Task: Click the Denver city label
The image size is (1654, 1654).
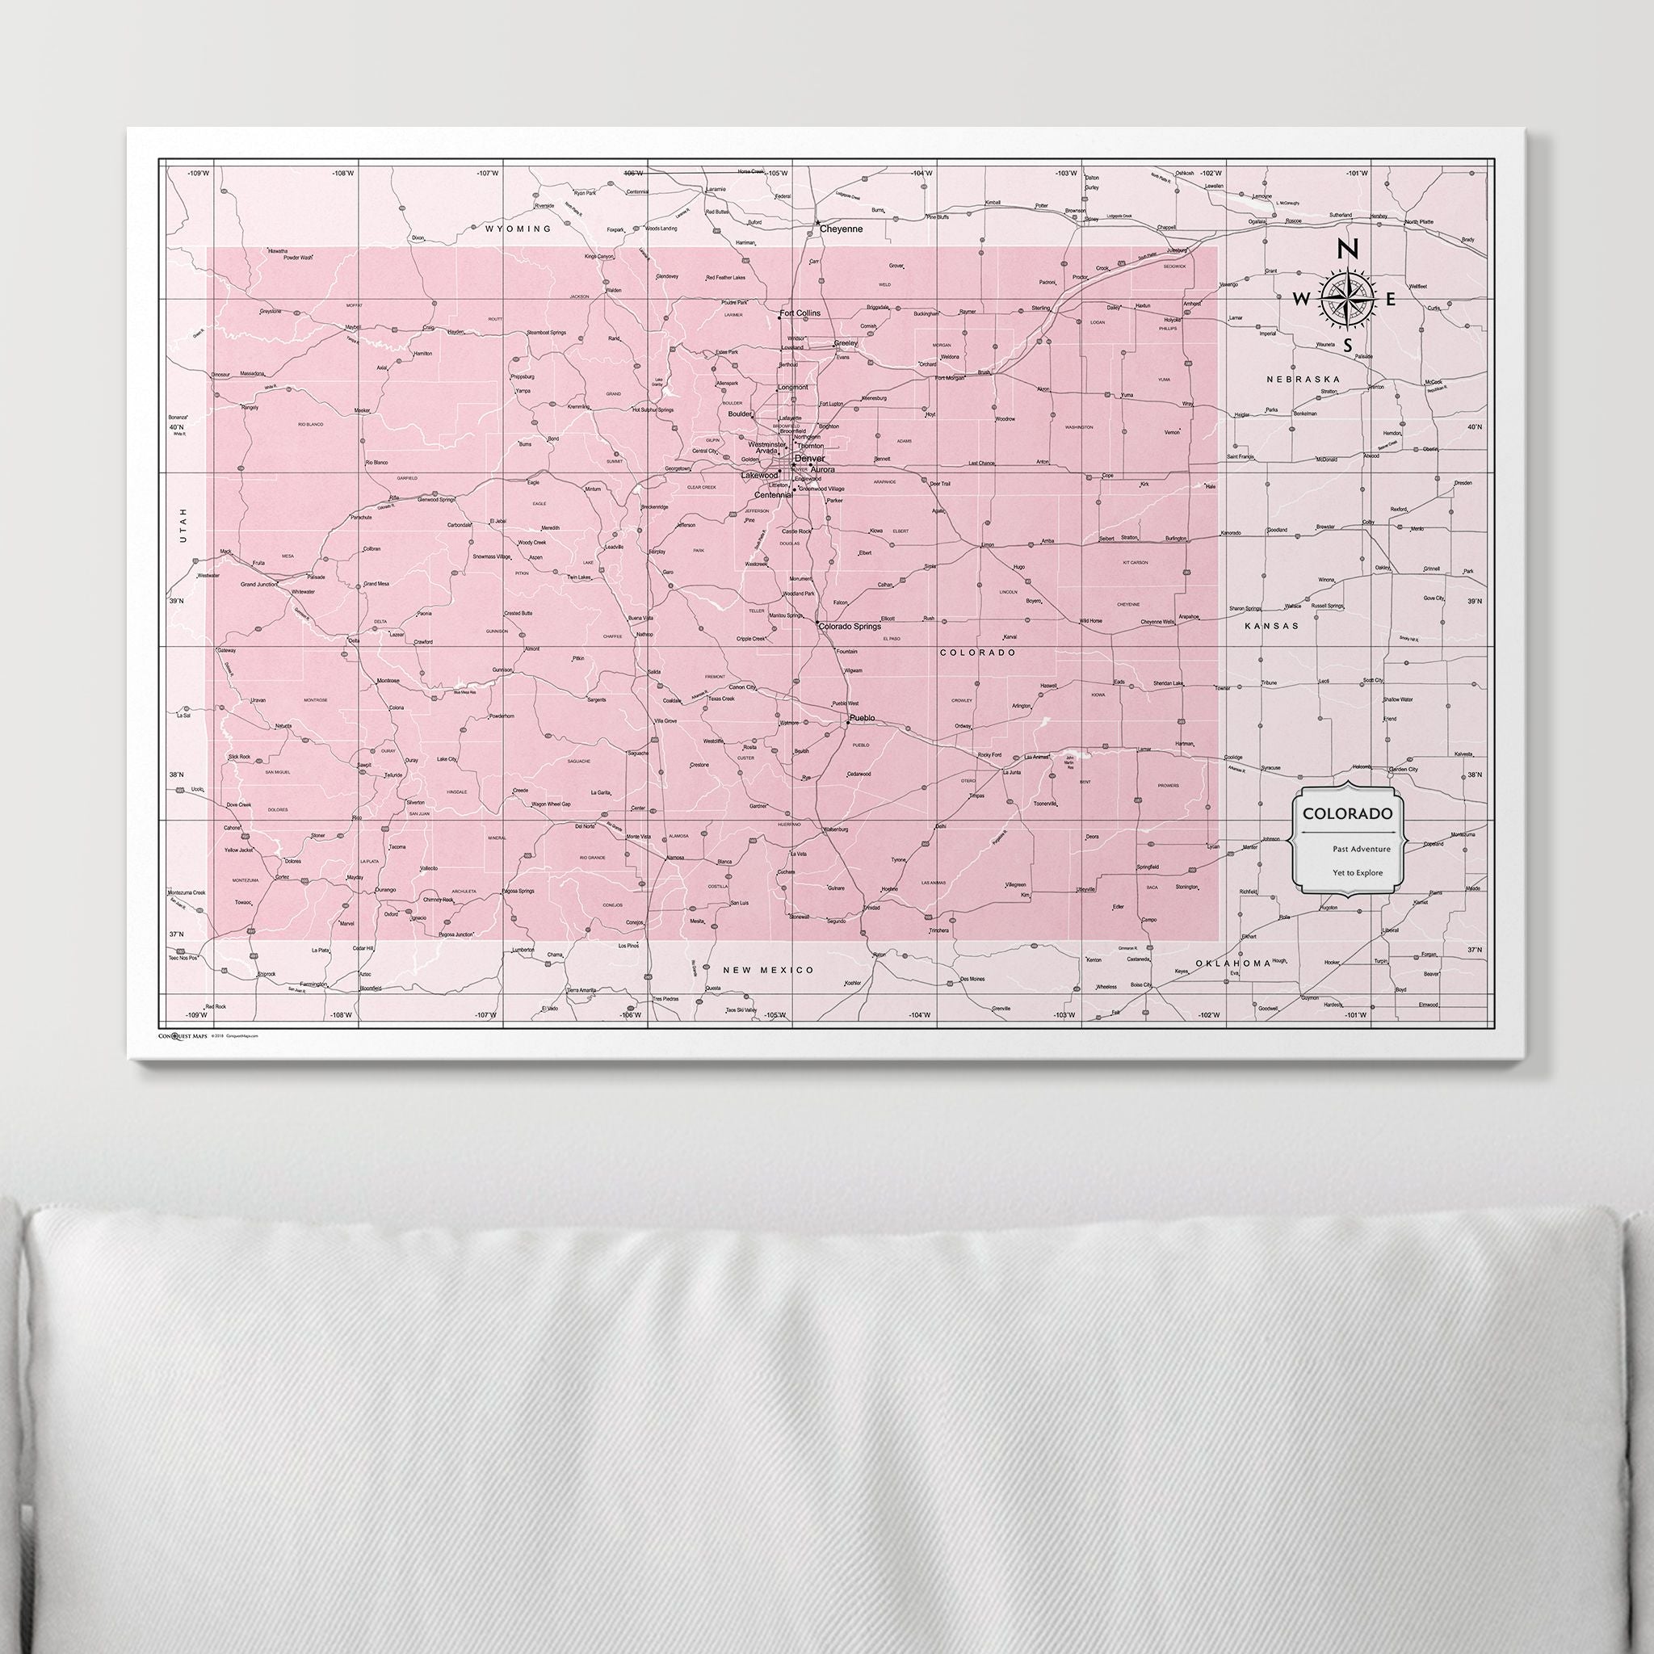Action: (809, 458)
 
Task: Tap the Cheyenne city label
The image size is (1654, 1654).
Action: (841, 229)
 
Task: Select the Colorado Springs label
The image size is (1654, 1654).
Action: (850, 627)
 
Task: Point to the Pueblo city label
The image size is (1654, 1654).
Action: (862, 717)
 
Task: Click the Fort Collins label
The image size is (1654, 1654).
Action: (800, 313)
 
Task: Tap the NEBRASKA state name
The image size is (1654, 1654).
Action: (1303, 379)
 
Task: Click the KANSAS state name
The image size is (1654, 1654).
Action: (1271, 626)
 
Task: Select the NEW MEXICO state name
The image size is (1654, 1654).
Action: (768, 970)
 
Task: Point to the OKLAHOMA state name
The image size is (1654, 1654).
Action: (1234, 964)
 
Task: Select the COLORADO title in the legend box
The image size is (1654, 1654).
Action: (1348, 813)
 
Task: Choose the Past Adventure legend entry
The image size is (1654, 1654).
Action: (1349, 850)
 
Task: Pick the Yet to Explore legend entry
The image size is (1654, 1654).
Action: (1348, 873)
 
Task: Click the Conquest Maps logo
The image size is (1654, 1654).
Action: (183, 1035)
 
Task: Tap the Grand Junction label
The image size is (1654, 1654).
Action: (259, 584)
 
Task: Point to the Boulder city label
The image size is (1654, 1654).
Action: (740, 414)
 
